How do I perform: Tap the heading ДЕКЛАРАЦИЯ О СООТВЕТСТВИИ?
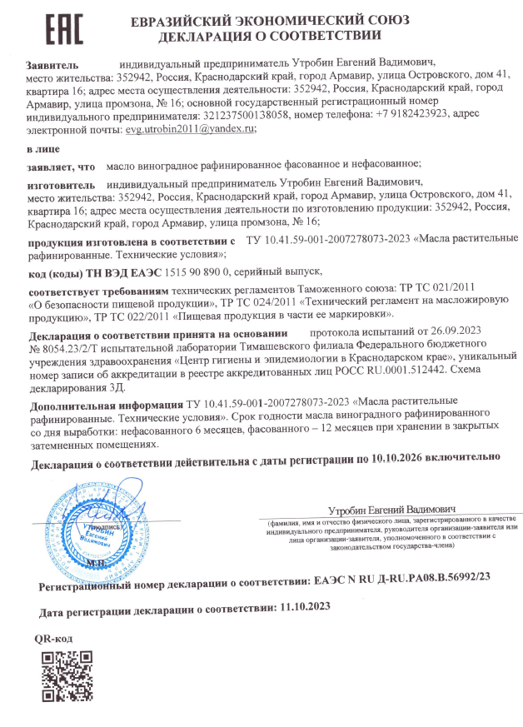(x=268, y=36)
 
